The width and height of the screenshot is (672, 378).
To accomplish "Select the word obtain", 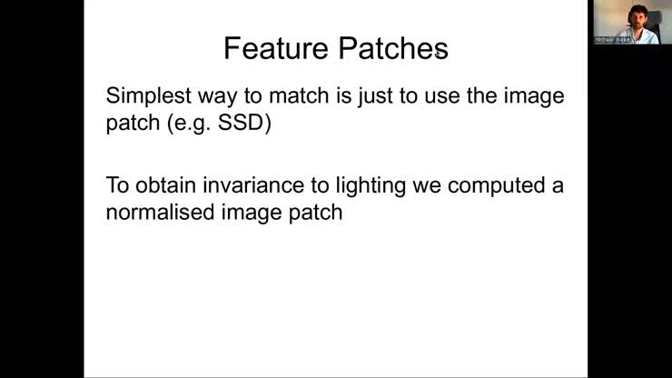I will [166, 187].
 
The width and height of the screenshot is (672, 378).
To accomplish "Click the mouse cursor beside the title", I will [439, 54].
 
